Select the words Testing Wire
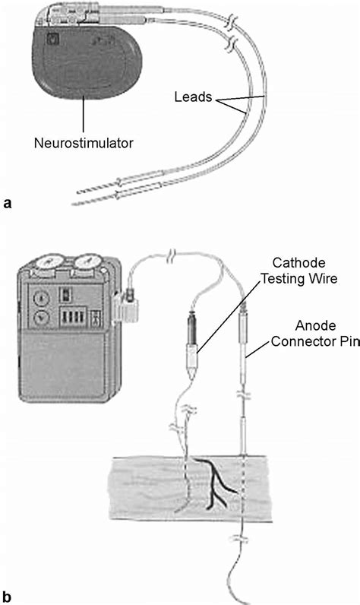297,279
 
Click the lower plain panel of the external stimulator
64,372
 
